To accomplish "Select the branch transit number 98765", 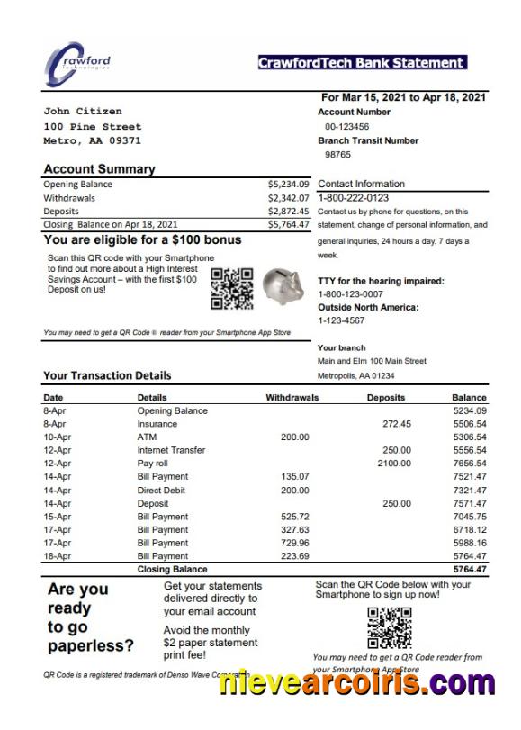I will pos(337,155).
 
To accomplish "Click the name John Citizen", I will pos(83,112).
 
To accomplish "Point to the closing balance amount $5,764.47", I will pos(288,224).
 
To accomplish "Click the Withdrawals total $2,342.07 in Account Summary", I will pos(288,197).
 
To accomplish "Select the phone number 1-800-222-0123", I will pos(354,198).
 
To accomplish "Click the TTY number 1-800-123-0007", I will pos(350,294).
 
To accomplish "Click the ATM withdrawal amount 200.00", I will pos(294,437).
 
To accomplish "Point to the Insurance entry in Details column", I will pos(157,423).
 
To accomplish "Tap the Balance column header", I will pos(469,397).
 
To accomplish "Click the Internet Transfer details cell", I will pos(171,450).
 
